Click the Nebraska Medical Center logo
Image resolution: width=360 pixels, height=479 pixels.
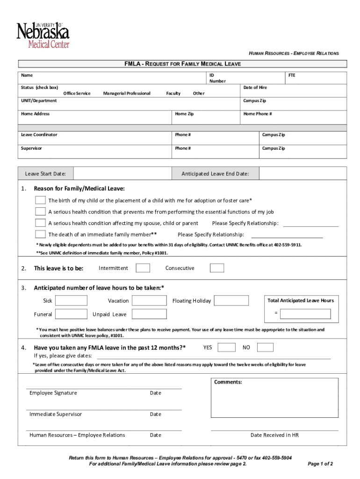(43, 35)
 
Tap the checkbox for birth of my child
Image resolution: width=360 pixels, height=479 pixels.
(40, 200)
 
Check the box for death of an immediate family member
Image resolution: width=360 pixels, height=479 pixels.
(40, 234)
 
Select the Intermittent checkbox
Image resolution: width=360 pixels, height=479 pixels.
(143, 268)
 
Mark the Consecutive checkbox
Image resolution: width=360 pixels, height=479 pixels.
(217, 268)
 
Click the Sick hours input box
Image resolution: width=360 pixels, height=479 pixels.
(71, 300)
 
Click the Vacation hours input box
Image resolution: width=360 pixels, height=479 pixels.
(150, 300)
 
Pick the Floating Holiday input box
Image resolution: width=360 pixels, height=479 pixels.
(231, 300)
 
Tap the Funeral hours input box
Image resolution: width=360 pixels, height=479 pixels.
(71, 314)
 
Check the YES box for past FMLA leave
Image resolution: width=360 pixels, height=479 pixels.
(227, 347)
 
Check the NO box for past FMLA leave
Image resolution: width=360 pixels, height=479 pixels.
(265, 347)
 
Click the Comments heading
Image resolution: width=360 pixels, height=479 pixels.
(228, 382)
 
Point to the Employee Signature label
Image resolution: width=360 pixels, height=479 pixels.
(53, 393)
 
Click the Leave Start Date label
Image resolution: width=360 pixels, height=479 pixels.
(45, 174)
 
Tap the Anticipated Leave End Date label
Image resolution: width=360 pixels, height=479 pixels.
(215, 174)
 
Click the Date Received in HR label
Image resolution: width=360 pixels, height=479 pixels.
(274, 435)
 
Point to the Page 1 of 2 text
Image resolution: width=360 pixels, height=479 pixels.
(320, 464)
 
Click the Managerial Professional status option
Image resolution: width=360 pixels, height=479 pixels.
(127, 94)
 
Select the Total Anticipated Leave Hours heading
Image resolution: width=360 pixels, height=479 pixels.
(300, 300)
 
